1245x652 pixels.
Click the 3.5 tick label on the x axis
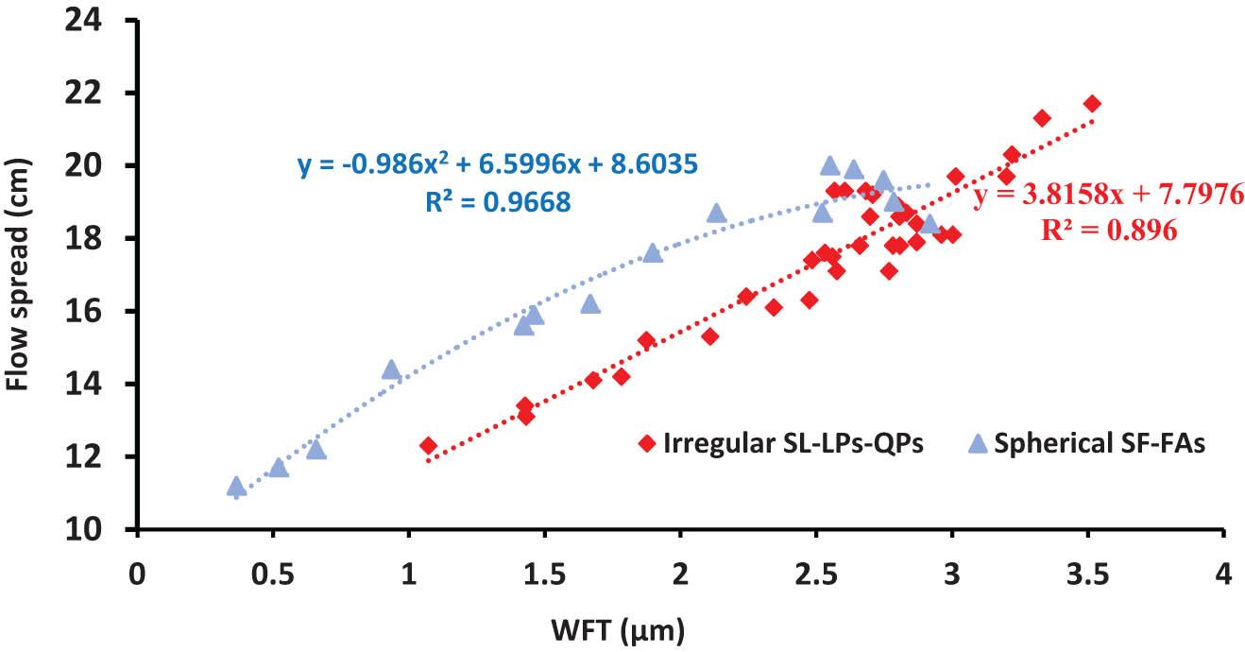click(x=1088, y=573)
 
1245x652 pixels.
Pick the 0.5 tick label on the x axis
click(x=273, y=573)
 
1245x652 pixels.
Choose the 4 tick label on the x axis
click(x=1224, y=573)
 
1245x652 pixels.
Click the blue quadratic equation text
click(x=498, y=165)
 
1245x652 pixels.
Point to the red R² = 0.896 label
click(x=1109, y=230)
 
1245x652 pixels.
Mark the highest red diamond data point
click(x=1092, y=103)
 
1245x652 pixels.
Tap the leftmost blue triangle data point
click(x=236, y=487)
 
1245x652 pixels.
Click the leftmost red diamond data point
click(x=428, y=445)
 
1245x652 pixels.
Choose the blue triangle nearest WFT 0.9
click(x=390, y=369)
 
